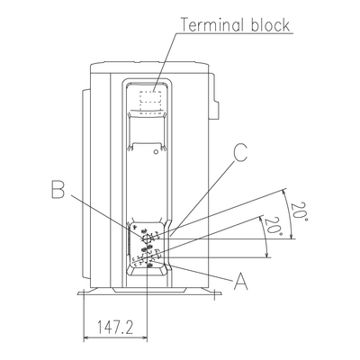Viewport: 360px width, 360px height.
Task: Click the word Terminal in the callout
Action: (x=211, y=25)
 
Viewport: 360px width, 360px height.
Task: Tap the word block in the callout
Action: (x=270, y=25)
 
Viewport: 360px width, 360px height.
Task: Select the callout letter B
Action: (x=58, y=189)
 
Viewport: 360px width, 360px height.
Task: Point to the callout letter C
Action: (x=240, y=152)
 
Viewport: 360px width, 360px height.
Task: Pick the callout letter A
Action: (x=241, y=281)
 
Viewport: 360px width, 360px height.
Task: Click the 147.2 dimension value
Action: (x=115, y=327)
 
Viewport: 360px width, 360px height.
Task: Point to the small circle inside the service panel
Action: (x=156, y=151)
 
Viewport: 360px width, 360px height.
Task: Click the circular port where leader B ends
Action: (x=147, y=238)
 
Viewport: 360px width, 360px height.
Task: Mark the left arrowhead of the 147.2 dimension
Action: (x=85, y=338)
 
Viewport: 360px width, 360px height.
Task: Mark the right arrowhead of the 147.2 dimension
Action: (x=145, y=338)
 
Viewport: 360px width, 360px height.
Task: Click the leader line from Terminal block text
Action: (x=166, y=61)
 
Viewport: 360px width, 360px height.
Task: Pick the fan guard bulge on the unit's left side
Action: (x=86, y=184)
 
